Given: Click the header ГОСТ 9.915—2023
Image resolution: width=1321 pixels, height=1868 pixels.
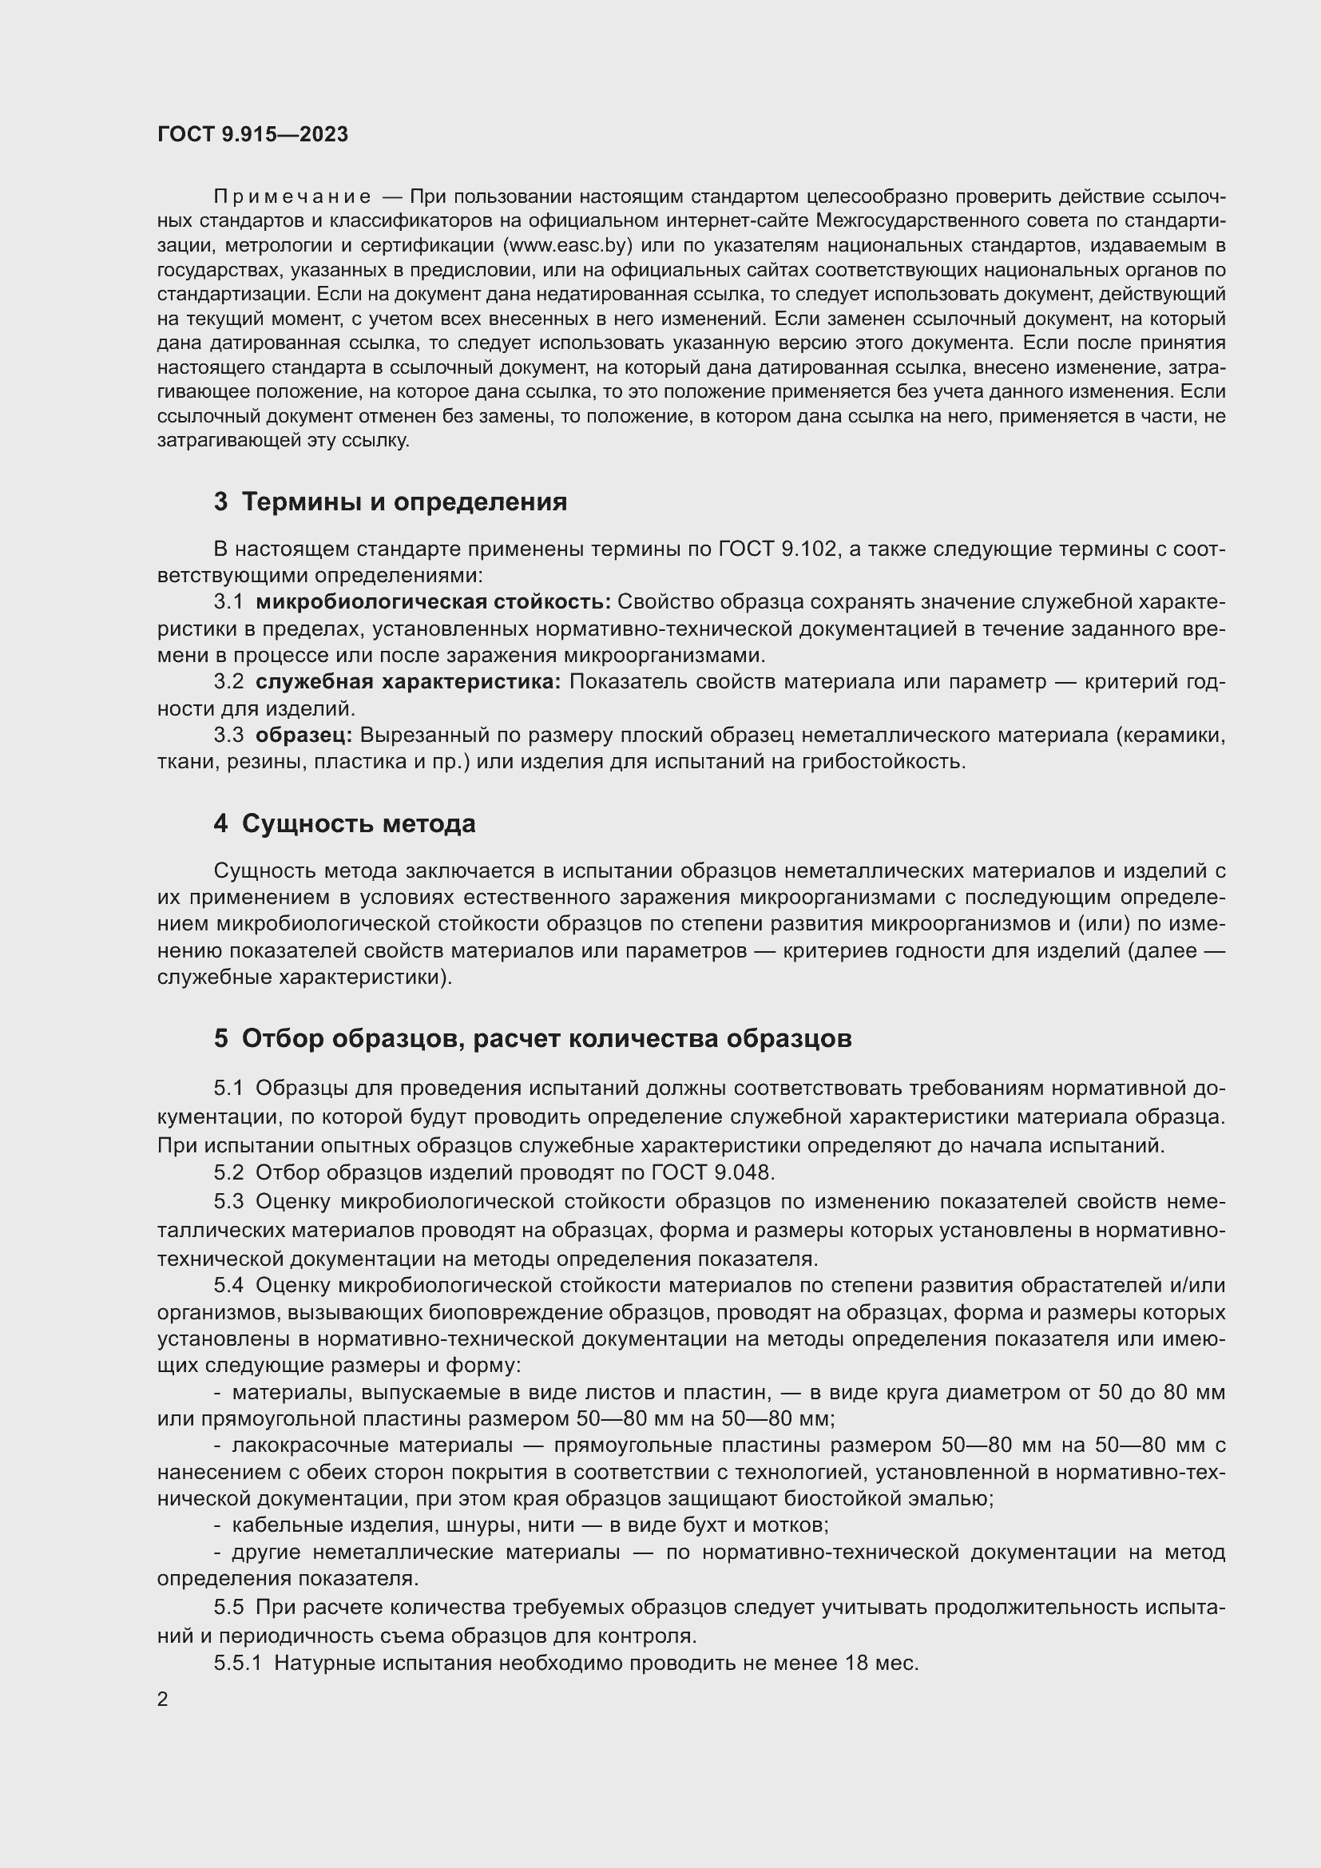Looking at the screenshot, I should (x=252, y=134).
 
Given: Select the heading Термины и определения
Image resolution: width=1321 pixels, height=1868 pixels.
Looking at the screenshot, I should (x=404, y=502).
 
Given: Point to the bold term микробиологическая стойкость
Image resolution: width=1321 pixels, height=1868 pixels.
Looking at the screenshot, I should (x=433, y=601).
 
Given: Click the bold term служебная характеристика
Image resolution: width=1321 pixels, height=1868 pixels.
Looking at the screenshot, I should (x=407, y=681).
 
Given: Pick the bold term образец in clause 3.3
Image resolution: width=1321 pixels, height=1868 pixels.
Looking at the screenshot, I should (x=303, y=735).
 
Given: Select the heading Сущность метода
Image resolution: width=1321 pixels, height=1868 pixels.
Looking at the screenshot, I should (x=358, y=823).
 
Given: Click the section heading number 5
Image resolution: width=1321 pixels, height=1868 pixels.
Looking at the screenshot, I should (x=221, y=1038).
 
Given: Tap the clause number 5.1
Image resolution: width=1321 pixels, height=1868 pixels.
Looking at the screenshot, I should (x=228, y=1089).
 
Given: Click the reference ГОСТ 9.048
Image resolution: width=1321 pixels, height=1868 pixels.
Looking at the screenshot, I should (x=712, y=1172).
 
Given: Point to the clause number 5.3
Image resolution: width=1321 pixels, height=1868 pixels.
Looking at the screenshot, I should (x=228, y=1201).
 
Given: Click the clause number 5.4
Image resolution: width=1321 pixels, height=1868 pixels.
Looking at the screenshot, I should (x=228, y=1285).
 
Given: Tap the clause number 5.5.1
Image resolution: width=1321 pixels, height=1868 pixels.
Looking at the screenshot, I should (x=237, y=1663).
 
